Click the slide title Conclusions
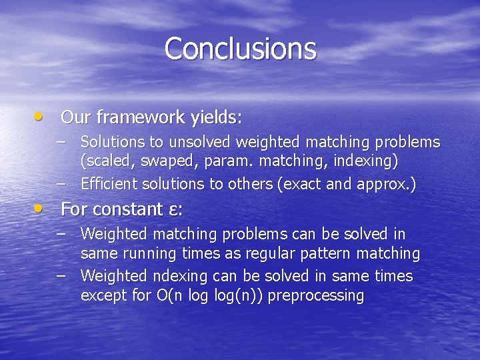pyautogui.click(x=240, y=49)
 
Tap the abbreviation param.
pyautogui.click(x=217, y=161)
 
